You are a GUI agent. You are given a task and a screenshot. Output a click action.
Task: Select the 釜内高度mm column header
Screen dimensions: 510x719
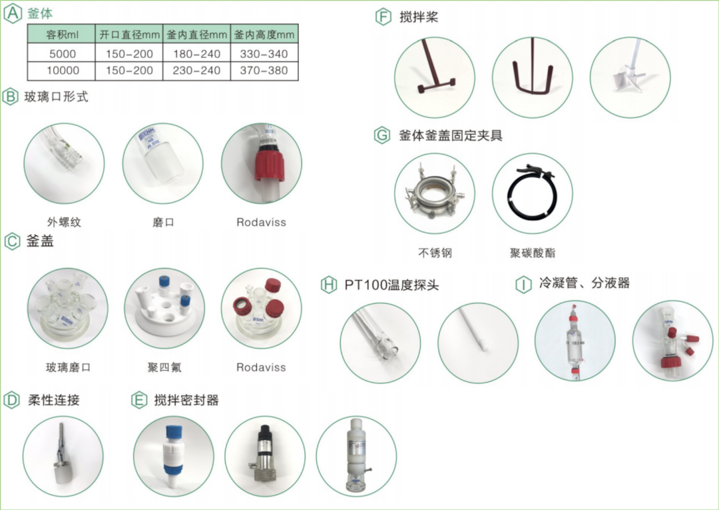click(x=264, y=34)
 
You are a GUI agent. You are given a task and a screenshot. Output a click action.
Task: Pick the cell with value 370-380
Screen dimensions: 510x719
click(x=264, y=71)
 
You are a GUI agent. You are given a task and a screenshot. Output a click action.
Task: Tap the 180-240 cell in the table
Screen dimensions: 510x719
click(x=196, y=54)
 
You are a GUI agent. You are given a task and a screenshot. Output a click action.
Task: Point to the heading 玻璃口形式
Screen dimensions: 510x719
click(x=56, y=97)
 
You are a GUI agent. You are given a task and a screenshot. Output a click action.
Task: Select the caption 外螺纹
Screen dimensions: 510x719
click(x=64, y=222)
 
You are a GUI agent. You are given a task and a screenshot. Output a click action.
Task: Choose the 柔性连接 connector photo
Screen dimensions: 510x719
click(x=63, y=455)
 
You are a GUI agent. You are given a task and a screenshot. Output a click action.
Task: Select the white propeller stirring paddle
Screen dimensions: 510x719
click(x=629, y=77)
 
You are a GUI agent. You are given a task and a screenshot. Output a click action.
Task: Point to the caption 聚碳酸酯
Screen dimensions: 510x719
click(x=532, y=253)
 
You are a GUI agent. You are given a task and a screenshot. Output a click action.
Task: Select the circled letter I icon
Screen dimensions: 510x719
click(x=524, y=285)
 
